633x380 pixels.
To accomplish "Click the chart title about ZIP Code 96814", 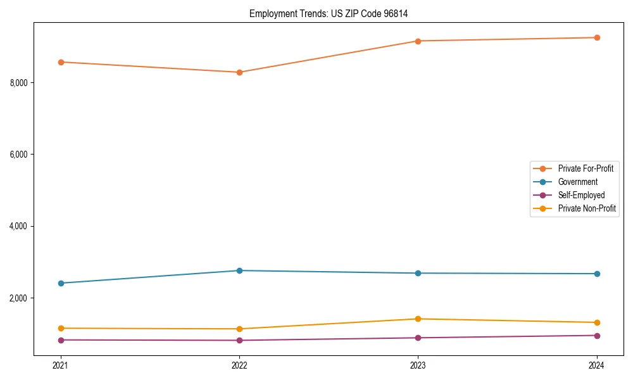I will [x=333, y=13].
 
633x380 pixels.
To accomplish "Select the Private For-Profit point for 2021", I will [x=61, y=62].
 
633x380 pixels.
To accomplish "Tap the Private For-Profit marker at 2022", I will [x=239, y=72].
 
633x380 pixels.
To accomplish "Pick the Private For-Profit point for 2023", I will [x=418, y=41].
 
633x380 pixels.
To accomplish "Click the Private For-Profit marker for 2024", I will [x=597, y=37].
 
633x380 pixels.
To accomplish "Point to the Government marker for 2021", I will [x=61, y=283].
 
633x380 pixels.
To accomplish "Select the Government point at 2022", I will [x=239, y=270].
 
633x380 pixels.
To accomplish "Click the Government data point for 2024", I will [x=597, y=274].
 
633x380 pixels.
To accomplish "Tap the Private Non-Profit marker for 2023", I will [x=418, y=319].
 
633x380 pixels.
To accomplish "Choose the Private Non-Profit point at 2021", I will [x=61, y=328].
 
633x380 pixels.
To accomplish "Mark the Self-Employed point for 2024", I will [x=597, y=336].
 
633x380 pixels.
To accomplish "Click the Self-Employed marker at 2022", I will [x=239, y=341].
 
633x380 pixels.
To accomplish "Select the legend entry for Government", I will [x=577, y=182].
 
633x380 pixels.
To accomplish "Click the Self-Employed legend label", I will [x=581, y=195].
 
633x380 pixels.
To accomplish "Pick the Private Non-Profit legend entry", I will [x=587, y=208].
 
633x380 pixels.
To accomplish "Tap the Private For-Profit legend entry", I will [x=586, y=168].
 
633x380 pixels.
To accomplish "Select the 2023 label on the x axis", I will [x=418, y=365].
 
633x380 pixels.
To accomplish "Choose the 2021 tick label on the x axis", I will [x=61, y=365].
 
